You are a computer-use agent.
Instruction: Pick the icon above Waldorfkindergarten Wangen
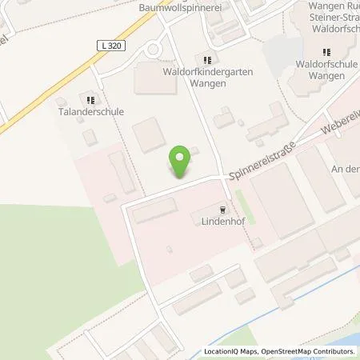207,58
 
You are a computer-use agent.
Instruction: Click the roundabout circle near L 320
153,51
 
